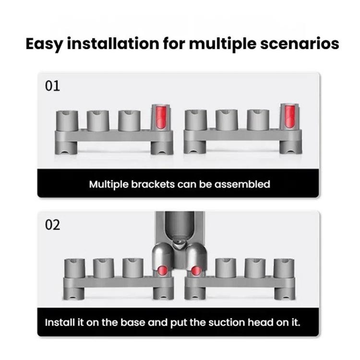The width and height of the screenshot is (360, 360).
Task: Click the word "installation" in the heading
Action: [x=113, y=43]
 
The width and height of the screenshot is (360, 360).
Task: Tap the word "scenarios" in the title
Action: [x=300, y=44]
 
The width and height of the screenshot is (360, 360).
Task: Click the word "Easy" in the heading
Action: [x=44, y=44]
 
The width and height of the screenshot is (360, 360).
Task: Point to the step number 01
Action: [x=52, y=86]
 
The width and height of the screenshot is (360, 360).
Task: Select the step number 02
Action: [x=53, y=225]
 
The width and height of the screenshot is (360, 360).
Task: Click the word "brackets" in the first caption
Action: [x=153, y=184]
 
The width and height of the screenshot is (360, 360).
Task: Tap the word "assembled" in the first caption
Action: [x=242, y=184]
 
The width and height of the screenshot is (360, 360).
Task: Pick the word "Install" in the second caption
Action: [x=60, y=323]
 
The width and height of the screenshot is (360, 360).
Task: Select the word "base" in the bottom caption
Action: [x=132, y=323]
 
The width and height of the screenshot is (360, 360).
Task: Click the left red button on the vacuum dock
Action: [x=163, y=270]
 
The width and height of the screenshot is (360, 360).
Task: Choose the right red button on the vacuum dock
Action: [x=196, y=271]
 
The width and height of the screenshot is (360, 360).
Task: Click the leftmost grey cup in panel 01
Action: [x=67, y=121]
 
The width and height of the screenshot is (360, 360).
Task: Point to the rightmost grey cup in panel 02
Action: [x=284, y=268]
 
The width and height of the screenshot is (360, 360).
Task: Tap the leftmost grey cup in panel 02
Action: [x=74, y=269]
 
